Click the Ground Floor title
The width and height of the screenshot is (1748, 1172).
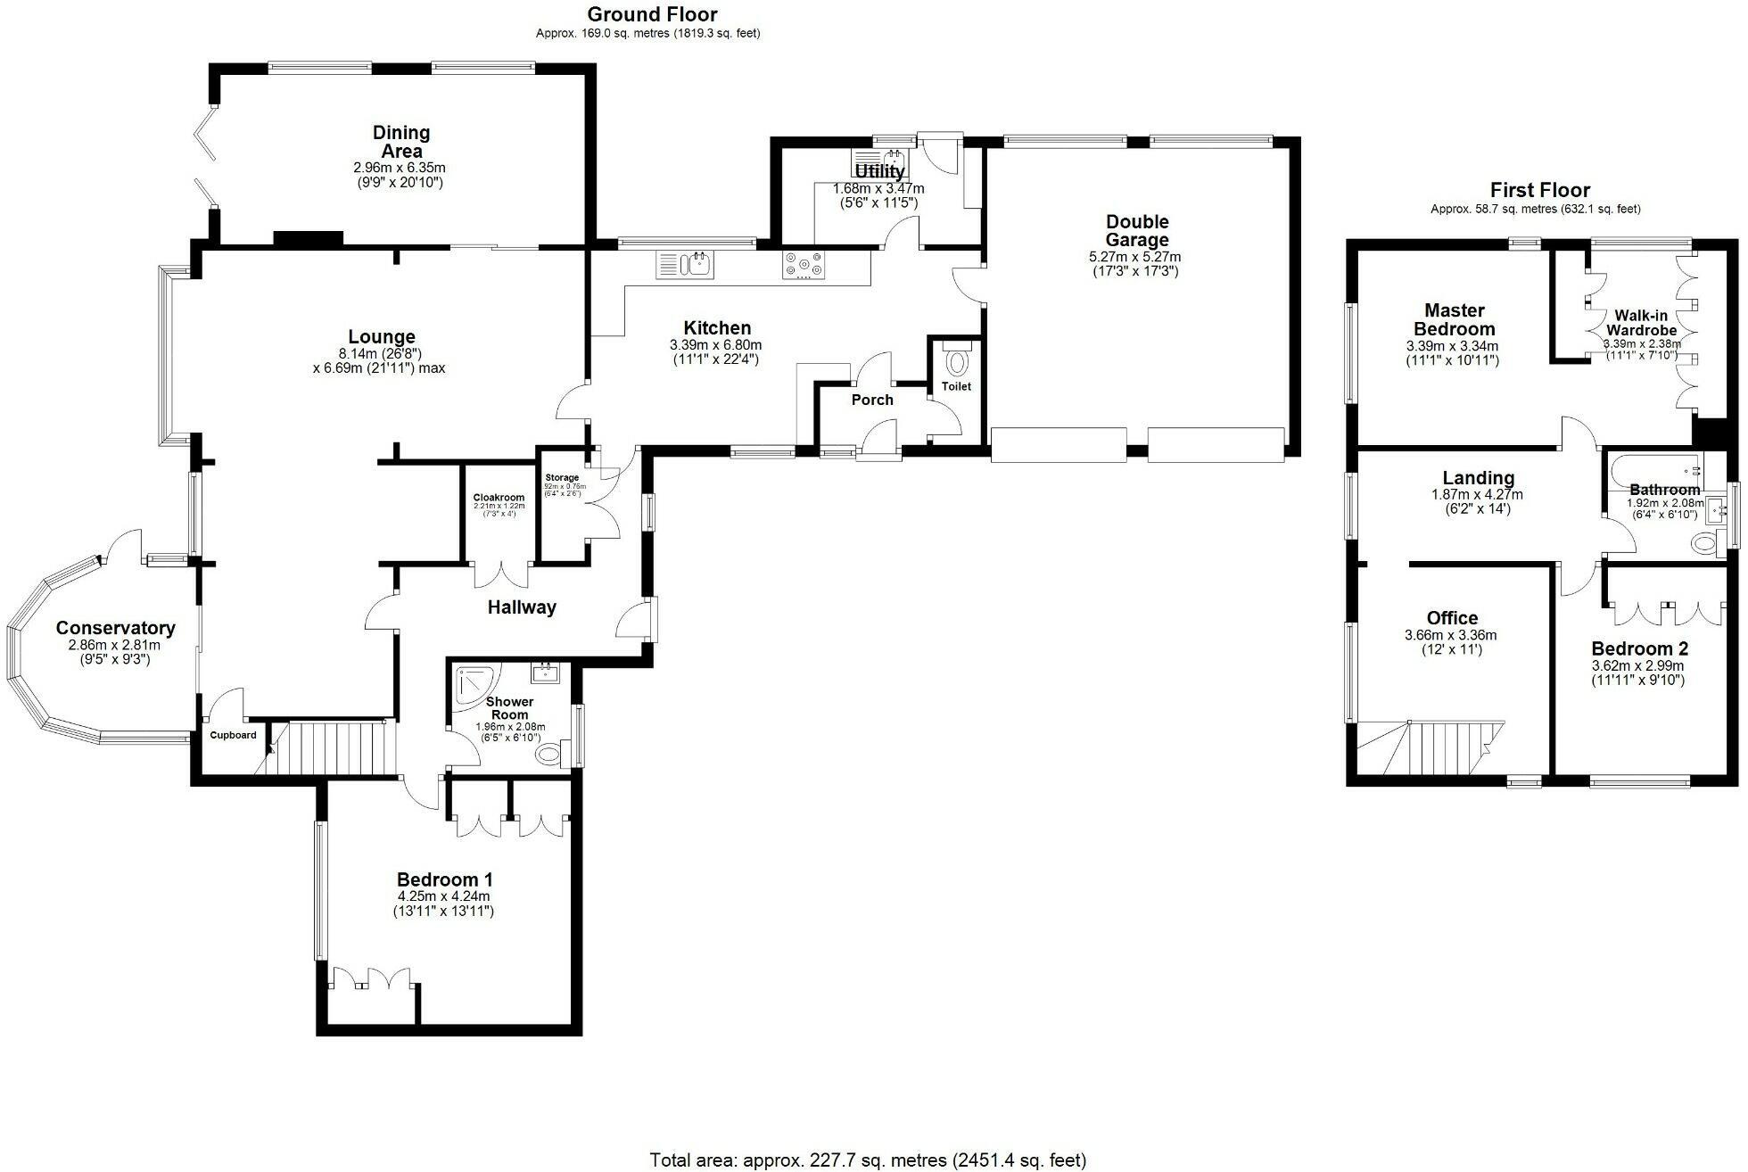[x=653, y=14]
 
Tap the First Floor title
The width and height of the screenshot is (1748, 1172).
[x=1539, y=190]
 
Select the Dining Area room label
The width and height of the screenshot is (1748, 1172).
[x=401, y=142]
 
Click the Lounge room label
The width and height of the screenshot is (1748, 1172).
[x=382, y=337]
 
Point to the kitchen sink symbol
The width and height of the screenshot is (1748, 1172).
[x=685, y=265]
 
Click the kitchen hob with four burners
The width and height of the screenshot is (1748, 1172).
[x=804, y=265]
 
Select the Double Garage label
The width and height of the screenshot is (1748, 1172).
[x=1136, y=231]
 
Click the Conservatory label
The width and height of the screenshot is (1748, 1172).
[x=115, y=628]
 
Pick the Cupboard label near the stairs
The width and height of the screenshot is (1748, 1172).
[x=234, y=736]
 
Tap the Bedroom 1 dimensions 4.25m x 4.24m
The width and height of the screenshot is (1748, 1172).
[x=443, y=896]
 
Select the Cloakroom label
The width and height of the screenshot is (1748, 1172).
[x=499, y=498]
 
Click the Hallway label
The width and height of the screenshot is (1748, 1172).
[x=522, y=607]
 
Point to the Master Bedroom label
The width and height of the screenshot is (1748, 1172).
[x=1454, y=319]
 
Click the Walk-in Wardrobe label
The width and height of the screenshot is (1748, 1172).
[x=1641, y=323]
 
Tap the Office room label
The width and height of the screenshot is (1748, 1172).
[x=1452, y=618]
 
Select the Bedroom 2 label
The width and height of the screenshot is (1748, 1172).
[x=1639, y=648]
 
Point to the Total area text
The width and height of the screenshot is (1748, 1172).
[x=868, y=1160]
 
